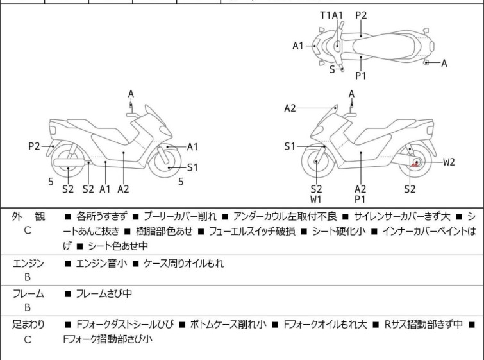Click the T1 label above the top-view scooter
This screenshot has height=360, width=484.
325,15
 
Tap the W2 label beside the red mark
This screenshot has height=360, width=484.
449,162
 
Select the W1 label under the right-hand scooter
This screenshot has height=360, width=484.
316,200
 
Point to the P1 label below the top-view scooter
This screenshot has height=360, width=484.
361,76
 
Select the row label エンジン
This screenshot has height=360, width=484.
28,263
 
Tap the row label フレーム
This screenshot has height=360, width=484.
28,294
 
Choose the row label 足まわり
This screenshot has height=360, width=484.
28,325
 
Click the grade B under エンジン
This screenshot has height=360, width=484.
28,277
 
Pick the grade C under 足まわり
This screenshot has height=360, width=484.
28,339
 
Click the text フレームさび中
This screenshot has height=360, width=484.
106,294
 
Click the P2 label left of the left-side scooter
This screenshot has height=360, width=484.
35,146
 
